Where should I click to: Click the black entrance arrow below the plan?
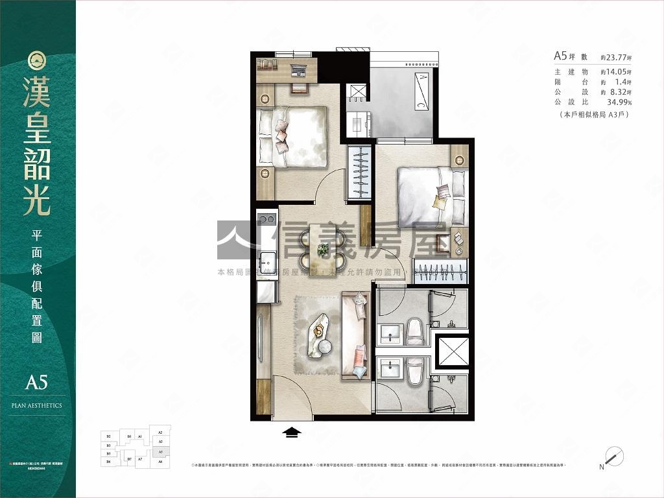tap(292, 433)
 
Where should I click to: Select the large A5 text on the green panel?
tap(37, 382)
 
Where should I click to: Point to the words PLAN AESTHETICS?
tap(37, 405)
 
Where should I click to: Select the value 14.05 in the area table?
tap(620, 72)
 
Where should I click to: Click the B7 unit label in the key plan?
tap(130, 459)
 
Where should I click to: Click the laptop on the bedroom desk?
tap(299, 69)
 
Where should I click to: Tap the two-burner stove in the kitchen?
tap(267, 219)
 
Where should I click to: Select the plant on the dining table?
tap(323, 248)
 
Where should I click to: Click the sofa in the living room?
tap(355, 336)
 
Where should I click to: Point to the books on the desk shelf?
tap(267, 64)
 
